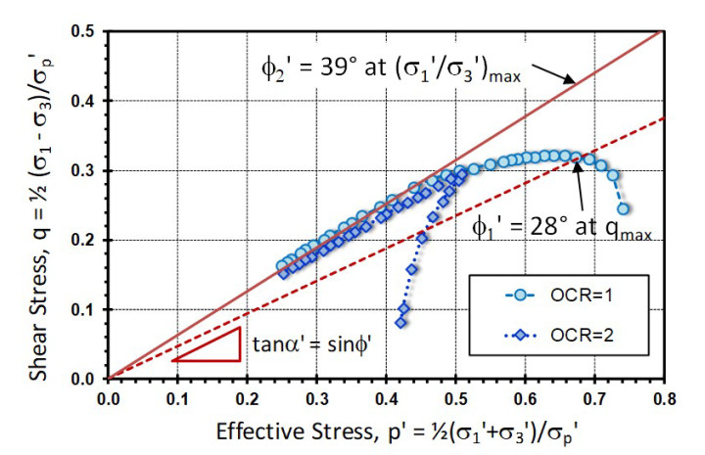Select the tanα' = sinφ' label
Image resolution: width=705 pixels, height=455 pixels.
(x=302, y=343)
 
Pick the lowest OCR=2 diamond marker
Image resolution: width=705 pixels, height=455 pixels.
(x=400, y=322)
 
